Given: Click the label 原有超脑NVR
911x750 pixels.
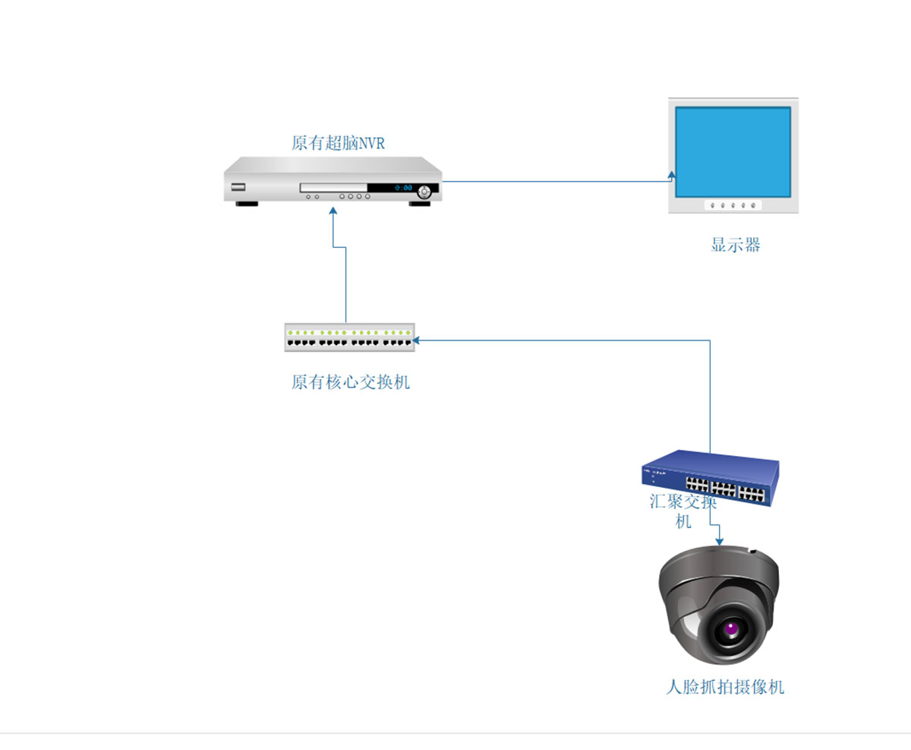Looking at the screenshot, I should pyautogui.click(x=338, y=143).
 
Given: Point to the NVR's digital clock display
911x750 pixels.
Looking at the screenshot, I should pyautogui.click(x=402, y=188).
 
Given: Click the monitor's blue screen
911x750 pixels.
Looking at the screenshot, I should pyautogui.click(x=733, y=152).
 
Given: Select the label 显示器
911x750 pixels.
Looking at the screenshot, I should pyautogui.click(x=735, y=245).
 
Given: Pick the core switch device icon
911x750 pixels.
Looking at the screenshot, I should pyautogui.click(x=350, y=337).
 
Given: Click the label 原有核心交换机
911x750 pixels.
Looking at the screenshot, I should pyautogui.click(x=350, y=381).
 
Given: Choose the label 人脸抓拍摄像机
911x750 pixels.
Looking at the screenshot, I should pyautogui.click(x=724, y=688).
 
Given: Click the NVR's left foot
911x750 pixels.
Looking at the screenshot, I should pyautogui.click(x=246, y=203).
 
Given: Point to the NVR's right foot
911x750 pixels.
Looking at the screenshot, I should pyautogui.click(x=420, y=204).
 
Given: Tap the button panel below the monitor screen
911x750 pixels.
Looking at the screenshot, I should pyautogui.click(x=733, y=204).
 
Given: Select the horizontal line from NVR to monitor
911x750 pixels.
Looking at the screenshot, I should pyautogui.click(x=554, y=182).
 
